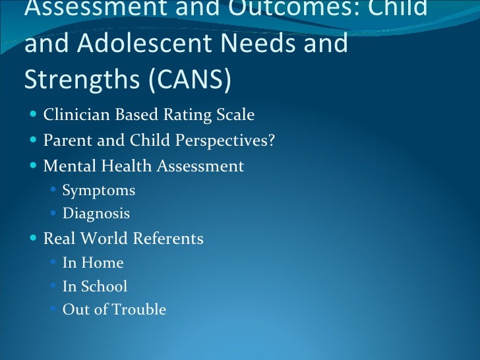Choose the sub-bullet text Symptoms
[99, 191]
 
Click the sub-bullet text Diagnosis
[96, 214]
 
